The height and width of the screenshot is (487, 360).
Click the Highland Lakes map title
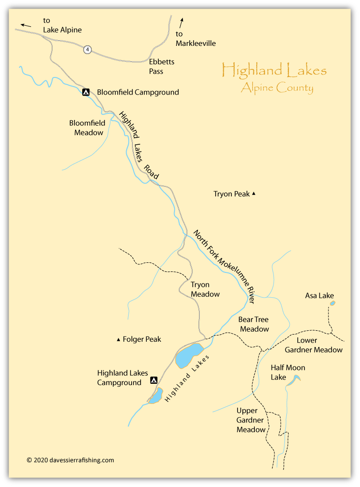coord(274,71)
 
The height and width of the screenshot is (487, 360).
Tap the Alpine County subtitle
coord(277,87)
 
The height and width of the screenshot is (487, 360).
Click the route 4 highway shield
coord(87,49)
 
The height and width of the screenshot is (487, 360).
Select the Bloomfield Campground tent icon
coord(86,92)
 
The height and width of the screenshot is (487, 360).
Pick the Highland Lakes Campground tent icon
coord(154,380)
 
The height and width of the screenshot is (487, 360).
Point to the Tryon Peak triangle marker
coord(254,194)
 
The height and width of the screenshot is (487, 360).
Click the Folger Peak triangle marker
coord(119,340)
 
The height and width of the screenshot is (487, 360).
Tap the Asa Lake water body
coord(333,303)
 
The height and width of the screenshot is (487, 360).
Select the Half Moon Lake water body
coord(295,379)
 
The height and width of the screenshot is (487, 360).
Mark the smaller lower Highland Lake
coord(155,396)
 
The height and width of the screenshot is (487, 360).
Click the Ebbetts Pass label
coord(162,66)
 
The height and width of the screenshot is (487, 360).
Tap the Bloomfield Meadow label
coord(87,128)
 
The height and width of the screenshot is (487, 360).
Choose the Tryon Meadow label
coord(205,289)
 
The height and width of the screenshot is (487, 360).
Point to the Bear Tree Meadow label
coord(254,324)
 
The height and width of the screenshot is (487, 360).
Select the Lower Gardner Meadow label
coord(314,345)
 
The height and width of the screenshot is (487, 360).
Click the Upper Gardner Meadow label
coord(251,420)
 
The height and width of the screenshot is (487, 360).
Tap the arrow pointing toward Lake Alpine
coord(26,24)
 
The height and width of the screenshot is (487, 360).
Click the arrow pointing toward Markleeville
coord(182,22)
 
